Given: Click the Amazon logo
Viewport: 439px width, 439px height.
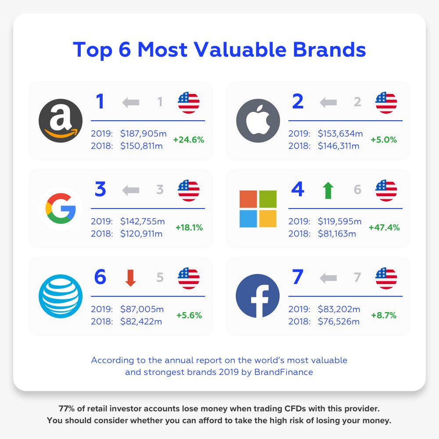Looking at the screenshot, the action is (x=61, y=121).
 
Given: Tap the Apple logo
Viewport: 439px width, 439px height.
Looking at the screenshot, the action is (x=258, y=121).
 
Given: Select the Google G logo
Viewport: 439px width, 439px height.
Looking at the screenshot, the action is (x=61, y=208).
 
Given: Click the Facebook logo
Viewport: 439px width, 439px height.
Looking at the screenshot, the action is (x=258, y=296).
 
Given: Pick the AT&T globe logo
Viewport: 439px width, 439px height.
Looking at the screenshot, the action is (x=61, y=296).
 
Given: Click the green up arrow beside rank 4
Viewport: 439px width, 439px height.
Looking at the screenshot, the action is (x=328, y=191).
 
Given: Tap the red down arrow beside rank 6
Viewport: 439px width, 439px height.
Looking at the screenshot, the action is (x=130, y=278).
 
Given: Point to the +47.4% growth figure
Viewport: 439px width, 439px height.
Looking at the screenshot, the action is (x=384, y=227).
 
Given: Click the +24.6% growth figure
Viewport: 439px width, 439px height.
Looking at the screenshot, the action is (x=188, y=140).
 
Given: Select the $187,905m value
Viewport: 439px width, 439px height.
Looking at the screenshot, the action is (x=144, y=133).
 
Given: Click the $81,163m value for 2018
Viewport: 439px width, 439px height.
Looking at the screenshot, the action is (x=337, y=234).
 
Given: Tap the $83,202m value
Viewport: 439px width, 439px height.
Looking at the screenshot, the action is (x=339, y=309).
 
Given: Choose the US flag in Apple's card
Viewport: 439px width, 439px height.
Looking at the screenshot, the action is (x=386, y=103).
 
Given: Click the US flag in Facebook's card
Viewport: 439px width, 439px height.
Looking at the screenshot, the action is (x=386, y=278).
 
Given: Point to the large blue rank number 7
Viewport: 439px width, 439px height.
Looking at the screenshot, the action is (x=298, y=277).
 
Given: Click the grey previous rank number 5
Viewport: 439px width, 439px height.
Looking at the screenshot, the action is (x=160, y=277).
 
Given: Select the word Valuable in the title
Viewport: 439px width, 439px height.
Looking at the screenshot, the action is (x=240, y=50).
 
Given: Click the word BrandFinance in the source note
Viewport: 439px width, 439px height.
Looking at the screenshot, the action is (x=283, y=372).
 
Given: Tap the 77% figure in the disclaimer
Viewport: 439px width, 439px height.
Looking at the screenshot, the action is (x=67, y=408).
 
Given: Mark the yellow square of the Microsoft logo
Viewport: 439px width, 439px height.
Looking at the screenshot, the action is (x=268, y=219).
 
